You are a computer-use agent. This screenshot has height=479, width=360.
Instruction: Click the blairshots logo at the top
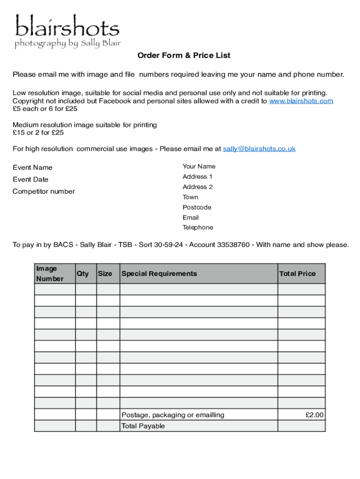click(67, 32)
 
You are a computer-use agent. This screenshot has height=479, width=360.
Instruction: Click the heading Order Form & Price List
click(184, 56)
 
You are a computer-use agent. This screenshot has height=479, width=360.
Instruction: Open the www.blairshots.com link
click(301, 101)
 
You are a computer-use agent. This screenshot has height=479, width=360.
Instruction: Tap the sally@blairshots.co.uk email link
click(259, 149)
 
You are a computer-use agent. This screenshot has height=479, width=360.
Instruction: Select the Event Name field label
click(32, 167)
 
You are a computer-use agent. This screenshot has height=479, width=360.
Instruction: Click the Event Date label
click(30, 180)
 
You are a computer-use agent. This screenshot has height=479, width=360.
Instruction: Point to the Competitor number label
click(43, 191)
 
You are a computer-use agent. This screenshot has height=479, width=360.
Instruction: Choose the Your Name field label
click(199, 167)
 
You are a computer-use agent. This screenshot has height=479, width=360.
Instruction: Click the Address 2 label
click(197, 187)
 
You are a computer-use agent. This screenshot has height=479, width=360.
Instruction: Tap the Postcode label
click(197, 207)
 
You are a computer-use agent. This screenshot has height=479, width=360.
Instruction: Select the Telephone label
click(198, 228)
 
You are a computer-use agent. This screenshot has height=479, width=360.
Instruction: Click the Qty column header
click(83, 274)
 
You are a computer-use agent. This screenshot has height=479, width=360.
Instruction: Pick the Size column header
click(105, 274)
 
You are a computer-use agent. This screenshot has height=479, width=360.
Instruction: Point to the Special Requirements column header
click(159, 274)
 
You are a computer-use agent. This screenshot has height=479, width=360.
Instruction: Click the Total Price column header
click(297, 274)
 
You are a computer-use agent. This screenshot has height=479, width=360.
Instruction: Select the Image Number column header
click(50, 274)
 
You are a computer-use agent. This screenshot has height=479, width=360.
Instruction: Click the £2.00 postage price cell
click(314, 415)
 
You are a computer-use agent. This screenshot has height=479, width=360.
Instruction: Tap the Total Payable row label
click(143, 426)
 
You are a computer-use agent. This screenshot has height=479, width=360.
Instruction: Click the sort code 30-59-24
click(169, 245)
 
